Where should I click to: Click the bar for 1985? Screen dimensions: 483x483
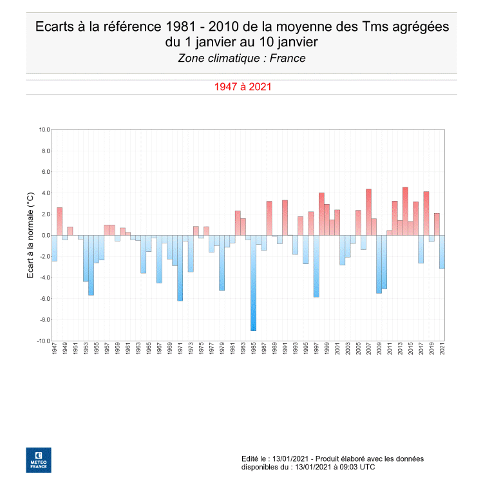tap(253, 283)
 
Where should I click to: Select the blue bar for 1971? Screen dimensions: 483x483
tap(180, 268)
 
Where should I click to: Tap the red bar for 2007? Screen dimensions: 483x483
tap(368, 212)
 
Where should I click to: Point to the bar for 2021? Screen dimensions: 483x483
tap(442, 252)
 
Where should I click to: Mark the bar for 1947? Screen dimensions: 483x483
tap(54, 248)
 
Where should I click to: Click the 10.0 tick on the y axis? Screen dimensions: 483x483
tap(44, 129)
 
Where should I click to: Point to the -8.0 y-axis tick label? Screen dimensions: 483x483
tap(43, 320)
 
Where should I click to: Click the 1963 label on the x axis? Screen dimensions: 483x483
tap(138, 350)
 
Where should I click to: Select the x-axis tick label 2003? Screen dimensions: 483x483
tap(348, 350)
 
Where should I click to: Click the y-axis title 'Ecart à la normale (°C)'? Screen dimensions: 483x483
tap(30, 235)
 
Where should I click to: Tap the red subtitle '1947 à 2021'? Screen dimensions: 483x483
tap(241, 86)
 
